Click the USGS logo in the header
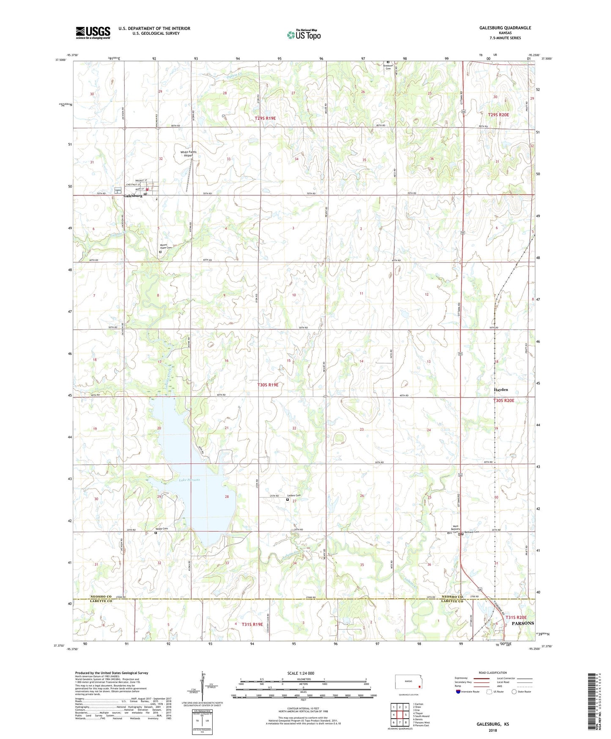click(93, 32)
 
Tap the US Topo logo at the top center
click(304, 35)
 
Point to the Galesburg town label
click(133, 196)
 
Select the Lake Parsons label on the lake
click(189, 480)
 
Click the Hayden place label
click(501, 389)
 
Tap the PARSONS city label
click(523, 623)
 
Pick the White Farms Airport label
click(189, 154)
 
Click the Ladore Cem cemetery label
click(294, 496)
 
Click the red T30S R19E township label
click(268, 385)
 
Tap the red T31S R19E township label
click(252, 624)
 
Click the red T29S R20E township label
click(499, 115)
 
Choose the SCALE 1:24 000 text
click(301, 673)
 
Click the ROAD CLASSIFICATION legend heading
click(493, 673)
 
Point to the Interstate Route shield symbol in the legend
click(458, 692)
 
